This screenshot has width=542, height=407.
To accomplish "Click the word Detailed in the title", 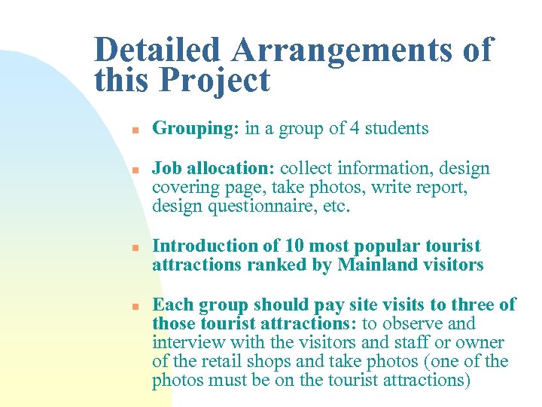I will coord(158,50).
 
